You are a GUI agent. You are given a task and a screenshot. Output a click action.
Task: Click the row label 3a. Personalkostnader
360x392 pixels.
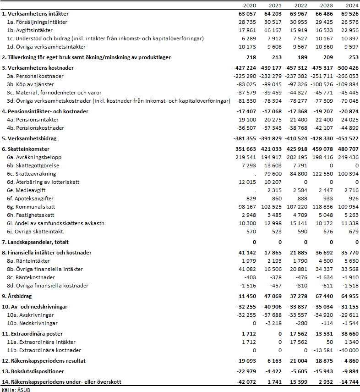[x=35, y=76]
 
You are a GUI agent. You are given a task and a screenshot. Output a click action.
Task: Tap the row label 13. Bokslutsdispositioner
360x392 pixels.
[x=33, y=371]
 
